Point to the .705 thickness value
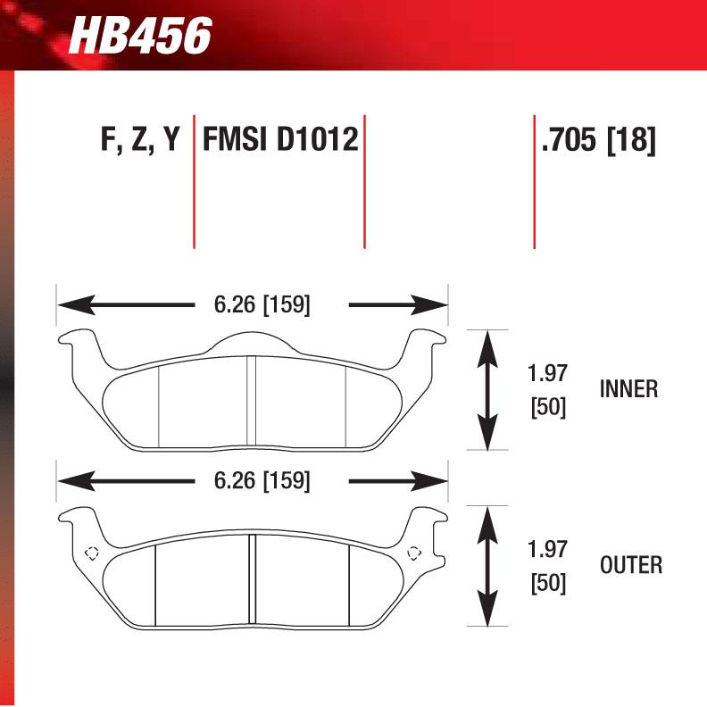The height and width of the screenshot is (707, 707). tap(569, 141)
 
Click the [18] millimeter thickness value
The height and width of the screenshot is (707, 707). tap(631, 141)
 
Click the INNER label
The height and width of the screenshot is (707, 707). tap(628, 389)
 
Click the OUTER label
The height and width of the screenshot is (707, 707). tap(630, 565)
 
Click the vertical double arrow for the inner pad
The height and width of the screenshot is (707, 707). tap(487, 390)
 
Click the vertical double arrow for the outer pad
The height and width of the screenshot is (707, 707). tap(487, 566)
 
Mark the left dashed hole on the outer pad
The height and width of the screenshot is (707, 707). tap(90, 553)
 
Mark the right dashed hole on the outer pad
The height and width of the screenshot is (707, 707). tap(413, 553)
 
